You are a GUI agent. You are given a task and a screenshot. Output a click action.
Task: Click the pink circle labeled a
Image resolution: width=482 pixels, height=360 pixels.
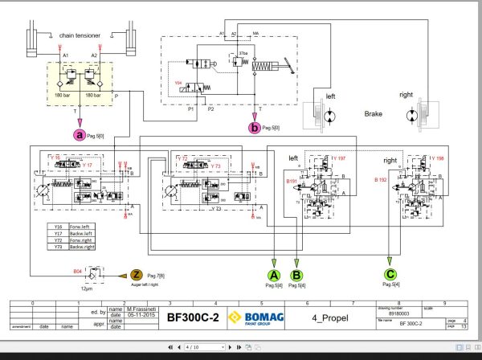(80, 136)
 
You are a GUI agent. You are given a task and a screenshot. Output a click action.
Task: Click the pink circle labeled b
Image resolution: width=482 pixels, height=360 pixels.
(255, 126)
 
